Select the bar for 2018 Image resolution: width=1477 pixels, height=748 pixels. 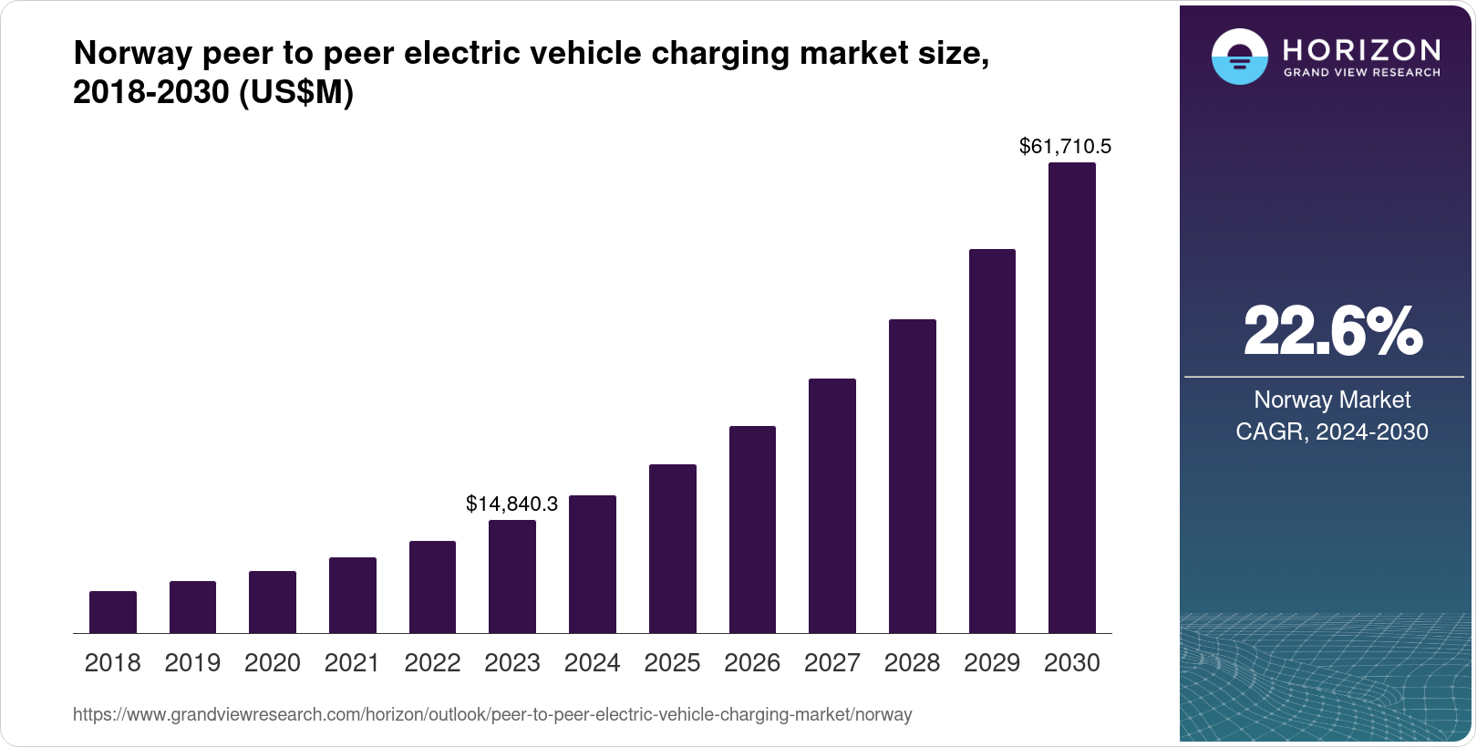pyautogui.click(x=113, y=612)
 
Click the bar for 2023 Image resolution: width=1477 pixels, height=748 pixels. pyautogui.click(x=512, y=577)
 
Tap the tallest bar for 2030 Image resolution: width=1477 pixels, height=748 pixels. pyautogui.click(x=1072, y=398)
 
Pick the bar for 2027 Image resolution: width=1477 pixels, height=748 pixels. pyautogui.click(x=832, y=505)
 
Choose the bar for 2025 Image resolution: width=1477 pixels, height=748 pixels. pyautogui.click(x=673, y=548)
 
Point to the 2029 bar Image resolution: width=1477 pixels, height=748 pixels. pyautogui.click(x=992, y=441)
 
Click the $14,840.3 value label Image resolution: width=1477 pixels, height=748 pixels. pyautogui.click(x=511, y=504)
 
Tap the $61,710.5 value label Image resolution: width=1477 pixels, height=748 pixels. pyautogui.click(x=1065, y=146)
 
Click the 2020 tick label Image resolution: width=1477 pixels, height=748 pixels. pyautogui.click(x=273, y=663)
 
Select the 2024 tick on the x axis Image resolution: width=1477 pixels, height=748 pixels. pyautogui.click(x=593, y=663)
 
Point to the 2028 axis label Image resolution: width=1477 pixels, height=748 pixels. pyautogui.click(x=912, y=663)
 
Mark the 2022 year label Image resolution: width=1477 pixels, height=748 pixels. pyautogui.click(x=432, y=663)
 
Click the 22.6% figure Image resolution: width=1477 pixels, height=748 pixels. pyautogui.click(x=1332, y=331)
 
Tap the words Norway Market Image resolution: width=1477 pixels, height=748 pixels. pyautogui.click(x=1332, y=400)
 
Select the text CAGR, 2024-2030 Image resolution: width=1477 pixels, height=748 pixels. pyautogui.click(x=1332, y=431)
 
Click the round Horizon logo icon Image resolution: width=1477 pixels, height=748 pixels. pyautogui.click(x=1239, y=57)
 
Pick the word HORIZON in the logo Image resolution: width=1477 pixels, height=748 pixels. pyautogui.click(x=1361, y=49)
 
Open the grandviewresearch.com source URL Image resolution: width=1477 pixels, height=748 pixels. pyautogui.click(x=492, y=715)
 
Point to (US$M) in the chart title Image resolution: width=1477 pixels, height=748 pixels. pyautogui.click(x=296, y=93)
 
